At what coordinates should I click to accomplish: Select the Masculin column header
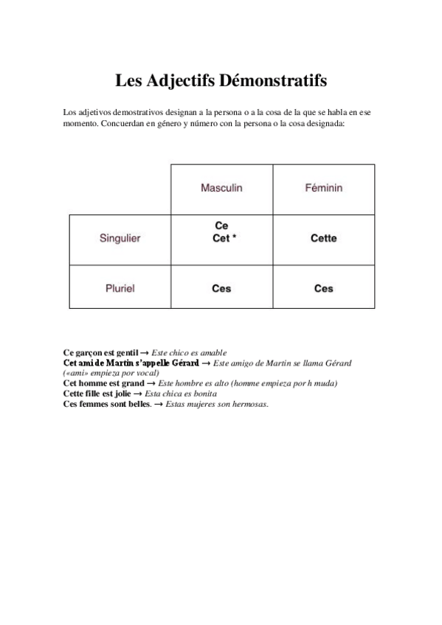[221, 188]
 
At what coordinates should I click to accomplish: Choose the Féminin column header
[323, 188]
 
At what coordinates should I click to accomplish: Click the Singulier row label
[120, 238]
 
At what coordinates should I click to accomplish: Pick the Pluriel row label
[120, 288]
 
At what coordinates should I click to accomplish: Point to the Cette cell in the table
[323, 238]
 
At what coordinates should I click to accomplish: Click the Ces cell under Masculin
[221, 288]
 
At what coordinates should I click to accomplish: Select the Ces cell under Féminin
[323, 288]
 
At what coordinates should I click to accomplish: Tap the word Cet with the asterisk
[220, 238]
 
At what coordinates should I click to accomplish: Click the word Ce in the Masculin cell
[221, 226]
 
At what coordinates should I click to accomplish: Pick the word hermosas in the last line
[249, 404]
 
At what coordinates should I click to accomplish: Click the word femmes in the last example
[95, 404]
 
